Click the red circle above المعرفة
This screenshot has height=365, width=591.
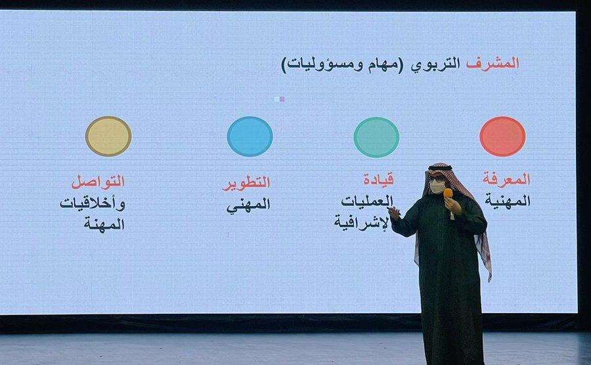pos(502,137)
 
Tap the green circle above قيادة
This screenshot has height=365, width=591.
pos(376,137)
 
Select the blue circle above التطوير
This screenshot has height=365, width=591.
pos(250,137)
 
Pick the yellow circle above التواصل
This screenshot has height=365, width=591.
pos(108,136)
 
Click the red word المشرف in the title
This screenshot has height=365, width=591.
pos(492,63)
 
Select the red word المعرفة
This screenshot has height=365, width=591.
pos(506,179)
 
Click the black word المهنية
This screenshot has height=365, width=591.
pos(508,200)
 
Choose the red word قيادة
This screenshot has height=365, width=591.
pos(378,179)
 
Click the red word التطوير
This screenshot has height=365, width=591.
pos(246,183)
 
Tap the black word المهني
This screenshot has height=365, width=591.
pos(248,205)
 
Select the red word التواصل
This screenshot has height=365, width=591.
pos(98,182)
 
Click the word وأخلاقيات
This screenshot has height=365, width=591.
pos(93,204)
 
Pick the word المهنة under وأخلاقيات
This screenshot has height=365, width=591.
pos(104,224)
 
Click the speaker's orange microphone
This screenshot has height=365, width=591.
pos(448,193)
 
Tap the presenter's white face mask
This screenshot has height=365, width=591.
pos(437,186)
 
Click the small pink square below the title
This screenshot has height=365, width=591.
pos(282,99)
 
